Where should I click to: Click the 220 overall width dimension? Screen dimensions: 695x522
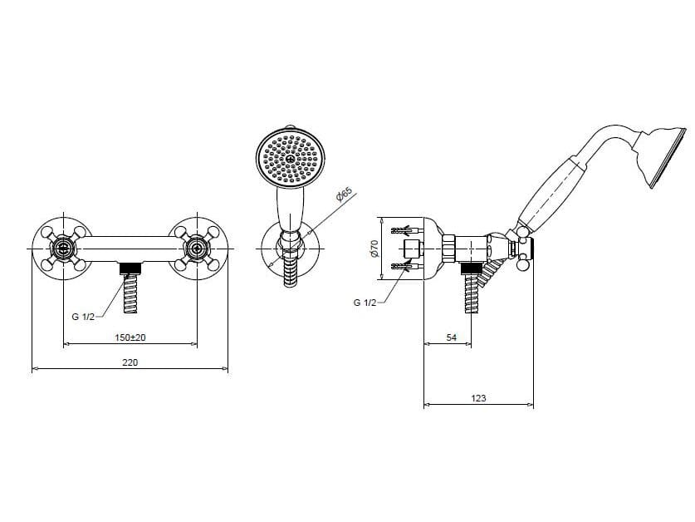[x=130, y=362]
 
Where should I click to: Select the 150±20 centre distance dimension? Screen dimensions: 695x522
[x=130, y=337]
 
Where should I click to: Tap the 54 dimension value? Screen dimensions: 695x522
[x=451, y=337]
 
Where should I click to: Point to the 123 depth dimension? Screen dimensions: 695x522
[x=479, y=398]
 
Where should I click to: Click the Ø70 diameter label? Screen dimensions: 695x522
[x=374, y=249]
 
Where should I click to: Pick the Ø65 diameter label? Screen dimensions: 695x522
[x=344, y=195]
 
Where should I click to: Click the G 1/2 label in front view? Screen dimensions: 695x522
[x=83, y=317]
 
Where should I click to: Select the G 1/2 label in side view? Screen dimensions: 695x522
[x=365, y=303]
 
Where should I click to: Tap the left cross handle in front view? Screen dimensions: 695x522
[x=63, y=249]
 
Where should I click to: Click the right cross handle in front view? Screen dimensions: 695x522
[x=197, y=249]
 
